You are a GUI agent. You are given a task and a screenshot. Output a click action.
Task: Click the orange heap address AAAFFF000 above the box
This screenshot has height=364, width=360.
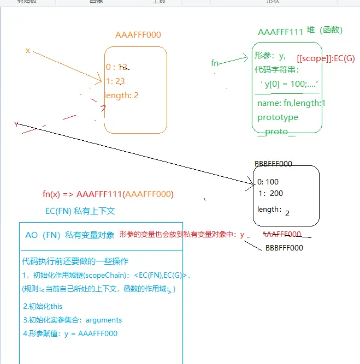[138, 35]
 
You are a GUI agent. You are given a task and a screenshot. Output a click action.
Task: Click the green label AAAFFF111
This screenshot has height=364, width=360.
[280, 32]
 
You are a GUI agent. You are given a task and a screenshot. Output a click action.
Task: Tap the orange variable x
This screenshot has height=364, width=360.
[27, 50]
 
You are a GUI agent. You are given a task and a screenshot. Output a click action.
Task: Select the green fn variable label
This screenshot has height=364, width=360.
[215, 63]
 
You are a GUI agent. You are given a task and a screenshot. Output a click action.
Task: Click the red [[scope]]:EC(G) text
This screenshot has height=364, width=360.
[326, 58]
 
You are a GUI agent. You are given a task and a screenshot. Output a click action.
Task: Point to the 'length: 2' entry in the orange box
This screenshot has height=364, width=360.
[122, 96]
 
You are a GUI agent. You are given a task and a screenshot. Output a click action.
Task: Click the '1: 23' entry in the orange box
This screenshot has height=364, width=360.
[116, 81]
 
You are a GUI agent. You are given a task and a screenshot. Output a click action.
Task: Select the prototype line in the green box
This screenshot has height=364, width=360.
[278, 117]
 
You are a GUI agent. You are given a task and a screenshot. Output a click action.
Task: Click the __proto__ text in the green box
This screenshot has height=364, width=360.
[280, 132]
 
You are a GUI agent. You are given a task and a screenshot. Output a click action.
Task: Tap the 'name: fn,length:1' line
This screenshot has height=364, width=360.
[291, 103]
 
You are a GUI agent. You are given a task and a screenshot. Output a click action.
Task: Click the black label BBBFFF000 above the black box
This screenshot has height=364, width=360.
[273, 164]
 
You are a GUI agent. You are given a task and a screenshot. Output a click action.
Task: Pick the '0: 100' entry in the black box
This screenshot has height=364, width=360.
[268, 182]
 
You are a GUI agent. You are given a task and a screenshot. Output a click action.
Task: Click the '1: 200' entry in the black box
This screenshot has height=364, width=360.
[271, 193]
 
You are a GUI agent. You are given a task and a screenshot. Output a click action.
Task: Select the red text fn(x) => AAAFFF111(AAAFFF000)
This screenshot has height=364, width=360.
[108, 194]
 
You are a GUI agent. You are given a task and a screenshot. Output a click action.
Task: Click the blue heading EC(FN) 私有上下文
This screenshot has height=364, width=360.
[80, 211]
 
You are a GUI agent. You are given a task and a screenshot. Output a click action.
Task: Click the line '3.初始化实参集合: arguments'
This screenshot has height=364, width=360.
[72, 320]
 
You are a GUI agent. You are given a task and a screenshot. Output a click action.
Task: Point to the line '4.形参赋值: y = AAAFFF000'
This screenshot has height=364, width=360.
[70, 333]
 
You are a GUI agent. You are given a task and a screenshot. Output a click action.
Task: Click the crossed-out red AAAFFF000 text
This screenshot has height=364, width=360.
[282, 234]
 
